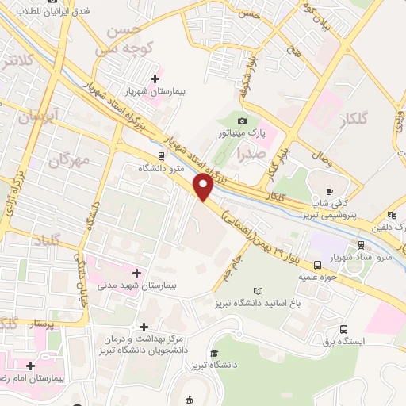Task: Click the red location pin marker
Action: [204, 188]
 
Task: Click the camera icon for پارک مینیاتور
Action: [242, 120]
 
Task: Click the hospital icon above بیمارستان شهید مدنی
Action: [136, 273]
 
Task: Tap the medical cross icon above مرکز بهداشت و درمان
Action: [144, 327]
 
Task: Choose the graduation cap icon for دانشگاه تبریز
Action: [214, 354]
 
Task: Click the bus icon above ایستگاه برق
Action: [343, 329]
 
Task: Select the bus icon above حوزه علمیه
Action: [317, 265]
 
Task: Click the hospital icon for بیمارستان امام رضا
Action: [30, 366]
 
